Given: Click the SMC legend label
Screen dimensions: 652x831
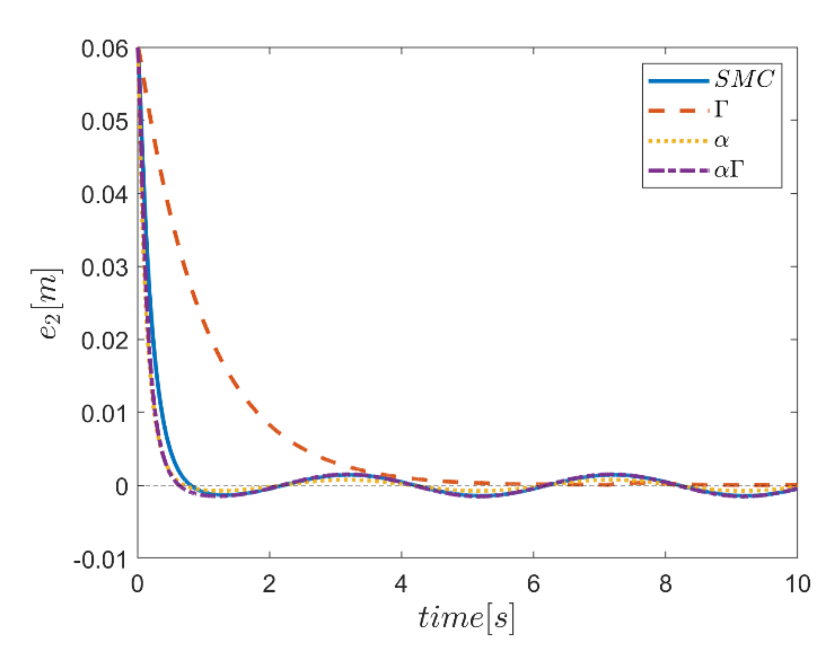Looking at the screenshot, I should point(744,79).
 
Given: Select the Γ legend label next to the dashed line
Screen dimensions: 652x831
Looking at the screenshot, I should point(721,110).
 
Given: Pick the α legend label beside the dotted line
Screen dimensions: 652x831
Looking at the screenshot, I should point(721,141).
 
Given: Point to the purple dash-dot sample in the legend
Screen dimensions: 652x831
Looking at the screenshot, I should point(678,170).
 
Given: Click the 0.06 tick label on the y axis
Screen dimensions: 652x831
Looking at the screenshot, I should point(104,49).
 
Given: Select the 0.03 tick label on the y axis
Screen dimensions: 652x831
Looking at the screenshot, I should point(104,268).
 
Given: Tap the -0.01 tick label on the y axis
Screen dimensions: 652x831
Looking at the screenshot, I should point(100,560).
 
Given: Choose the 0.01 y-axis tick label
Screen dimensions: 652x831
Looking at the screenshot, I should point(104,414).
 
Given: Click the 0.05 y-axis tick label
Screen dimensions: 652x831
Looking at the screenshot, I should point(104,122).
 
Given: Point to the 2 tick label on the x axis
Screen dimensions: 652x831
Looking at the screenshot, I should point(269,584).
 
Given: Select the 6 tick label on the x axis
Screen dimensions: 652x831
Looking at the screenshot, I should point(533,584).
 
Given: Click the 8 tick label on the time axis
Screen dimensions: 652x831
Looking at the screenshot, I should point(665,584).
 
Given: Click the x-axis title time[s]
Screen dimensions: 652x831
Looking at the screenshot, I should point(466,619).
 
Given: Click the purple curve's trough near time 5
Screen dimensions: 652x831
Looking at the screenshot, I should point(480,496).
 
